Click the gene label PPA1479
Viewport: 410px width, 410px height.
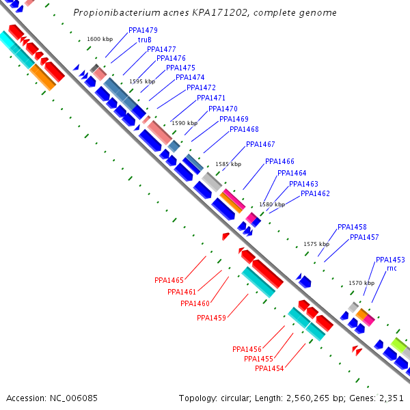coord(143,31)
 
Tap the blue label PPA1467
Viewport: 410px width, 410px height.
coord(260,144)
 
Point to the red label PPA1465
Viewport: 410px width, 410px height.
coord(169,280)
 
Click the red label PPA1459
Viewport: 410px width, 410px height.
coord(211,318)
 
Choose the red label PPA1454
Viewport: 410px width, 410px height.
coord(269,368)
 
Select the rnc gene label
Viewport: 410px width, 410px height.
coord(392,269)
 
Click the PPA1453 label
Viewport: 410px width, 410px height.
coord(390,260)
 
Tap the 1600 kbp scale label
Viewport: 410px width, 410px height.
coord(100,40)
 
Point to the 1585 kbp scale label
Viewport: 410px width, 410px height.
coord(228,165)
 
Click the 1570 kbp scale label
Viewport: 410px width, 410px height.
coord(361,283)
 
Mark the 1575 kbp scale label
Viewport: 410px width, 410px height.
coord(316,244)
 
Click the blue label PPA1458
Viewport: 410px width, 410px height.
coord(352,227)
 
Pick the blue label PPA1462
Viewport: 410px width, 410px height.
coord(315,193)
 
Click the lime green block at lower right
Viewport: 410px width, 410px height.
coord(398,344)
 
